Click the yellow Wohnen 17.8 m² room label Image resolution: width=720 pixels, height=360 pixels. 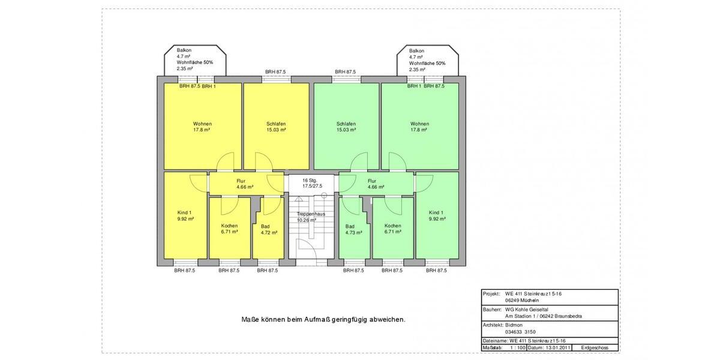click(202, 127)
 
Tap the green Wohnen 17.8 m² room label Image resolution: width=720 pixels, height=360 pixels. click(419, 127)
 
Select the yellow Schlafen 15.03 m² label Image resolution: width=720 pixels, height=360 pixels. click(276, 127)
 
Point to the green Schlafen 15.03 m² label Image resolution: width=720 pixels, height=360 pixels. click(346, 127)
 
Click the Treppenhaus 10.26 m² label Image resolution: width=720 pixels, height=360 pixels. click(311, 217)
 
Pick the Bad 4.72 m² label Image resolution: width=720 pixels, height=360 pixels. click(269, 229)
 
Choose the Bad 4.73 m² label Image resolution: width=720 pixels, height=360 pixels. click(353, 229)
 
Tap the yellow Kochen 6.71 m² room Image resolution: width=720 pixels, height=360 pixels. click(229, 229)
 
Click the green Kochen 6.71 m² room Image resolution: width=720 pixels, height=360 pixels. click(393, 229)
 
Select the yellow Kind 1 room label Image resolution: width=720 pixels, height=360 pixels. click(185, 215)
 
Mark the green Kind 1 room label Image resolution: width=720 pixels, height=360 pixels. click(436, 215)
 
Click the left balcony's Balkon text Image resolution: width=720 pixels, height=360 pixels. click(184, 51)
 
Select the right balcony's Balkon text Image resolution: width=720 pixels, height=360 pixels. click(416, 51)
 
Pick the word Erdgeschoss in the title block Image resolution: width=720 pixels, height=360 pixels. click(595, 348)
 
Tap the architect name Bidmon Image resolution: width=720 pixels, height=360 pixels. click(514, 325)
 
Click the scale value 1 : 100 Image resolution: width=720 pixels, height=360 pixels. click(517, 348)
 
